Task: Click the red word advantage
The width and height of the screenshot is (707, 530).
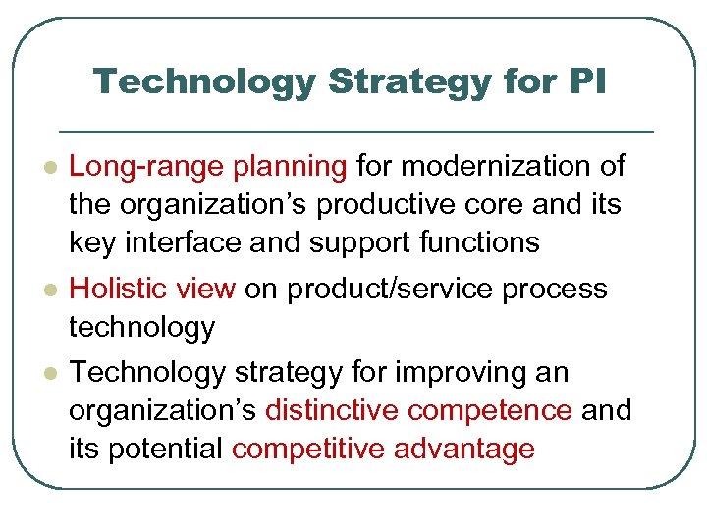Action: (x=464, y=449)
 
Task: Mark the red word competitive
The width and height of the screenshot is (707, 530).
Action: (x=308, y=449)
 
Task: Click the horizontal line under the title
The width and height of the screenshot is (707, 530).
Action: (x=356, y=132)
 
